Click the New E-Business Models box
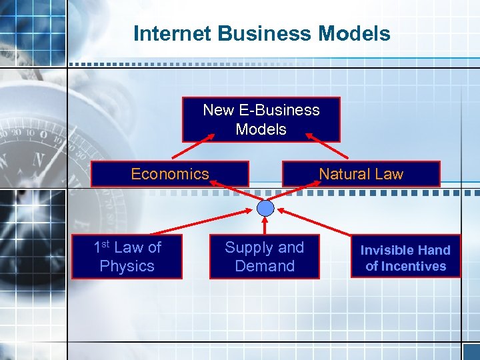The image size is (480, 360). (261, 120)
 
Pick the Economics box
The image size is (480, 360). (169, 174)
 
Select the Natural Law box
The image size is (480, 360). (361, 174)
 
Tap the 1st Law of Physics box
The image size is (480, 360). (127, 257)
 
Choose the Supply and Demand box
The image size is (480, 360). (264, 257)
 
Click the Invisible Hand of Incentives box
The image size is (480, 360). (405, 257)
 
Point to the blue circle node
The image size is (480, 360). (265, 208)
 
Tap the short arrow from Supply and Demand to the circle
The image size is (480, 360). (265, 225)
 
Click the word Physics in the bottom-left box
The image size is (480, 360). (127, 266)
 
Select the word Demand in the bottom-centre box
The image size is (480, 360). (265, 266)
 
